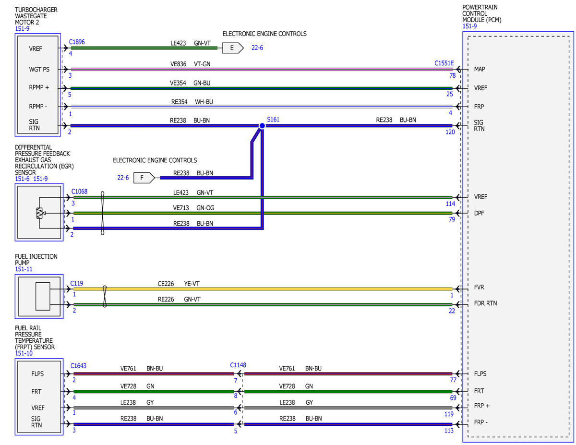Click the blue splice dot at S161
click(x=262, y=126)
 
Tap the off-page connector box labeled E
click(x=232, y=48)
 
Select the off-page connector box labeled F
click(x=144, y=178)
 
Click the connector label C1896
click(x=77, y=42)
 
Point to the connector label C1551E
click(x=444, y=63)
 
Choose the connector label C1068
click(x=79, y=192)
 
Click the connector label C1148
click(x=238, y=365)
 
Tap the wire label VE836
click(x=178, y=64)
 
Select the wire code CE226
click(x=166, y=284)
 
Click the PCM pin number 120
click(x=450, y=132)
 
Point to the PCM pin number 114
click(x=450, y=204)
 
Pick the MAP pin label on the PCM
click(x=480, y=69)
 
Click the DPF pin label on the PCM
click(x=479, y=213)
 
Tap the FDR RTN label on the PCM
click(x=485, y=303)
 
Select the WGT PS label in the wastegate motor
click(x=39, y=70)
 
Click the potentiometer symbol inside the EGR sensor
click(x=39, y=213)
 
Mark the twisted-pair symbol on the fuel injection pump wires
click(x=105, y=296)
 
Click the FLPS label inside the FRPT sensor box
click(x=37, y=373)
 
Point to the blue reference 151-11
click(x=24, y=269)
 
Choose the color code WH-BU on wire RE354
click(x=204, y=102)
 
